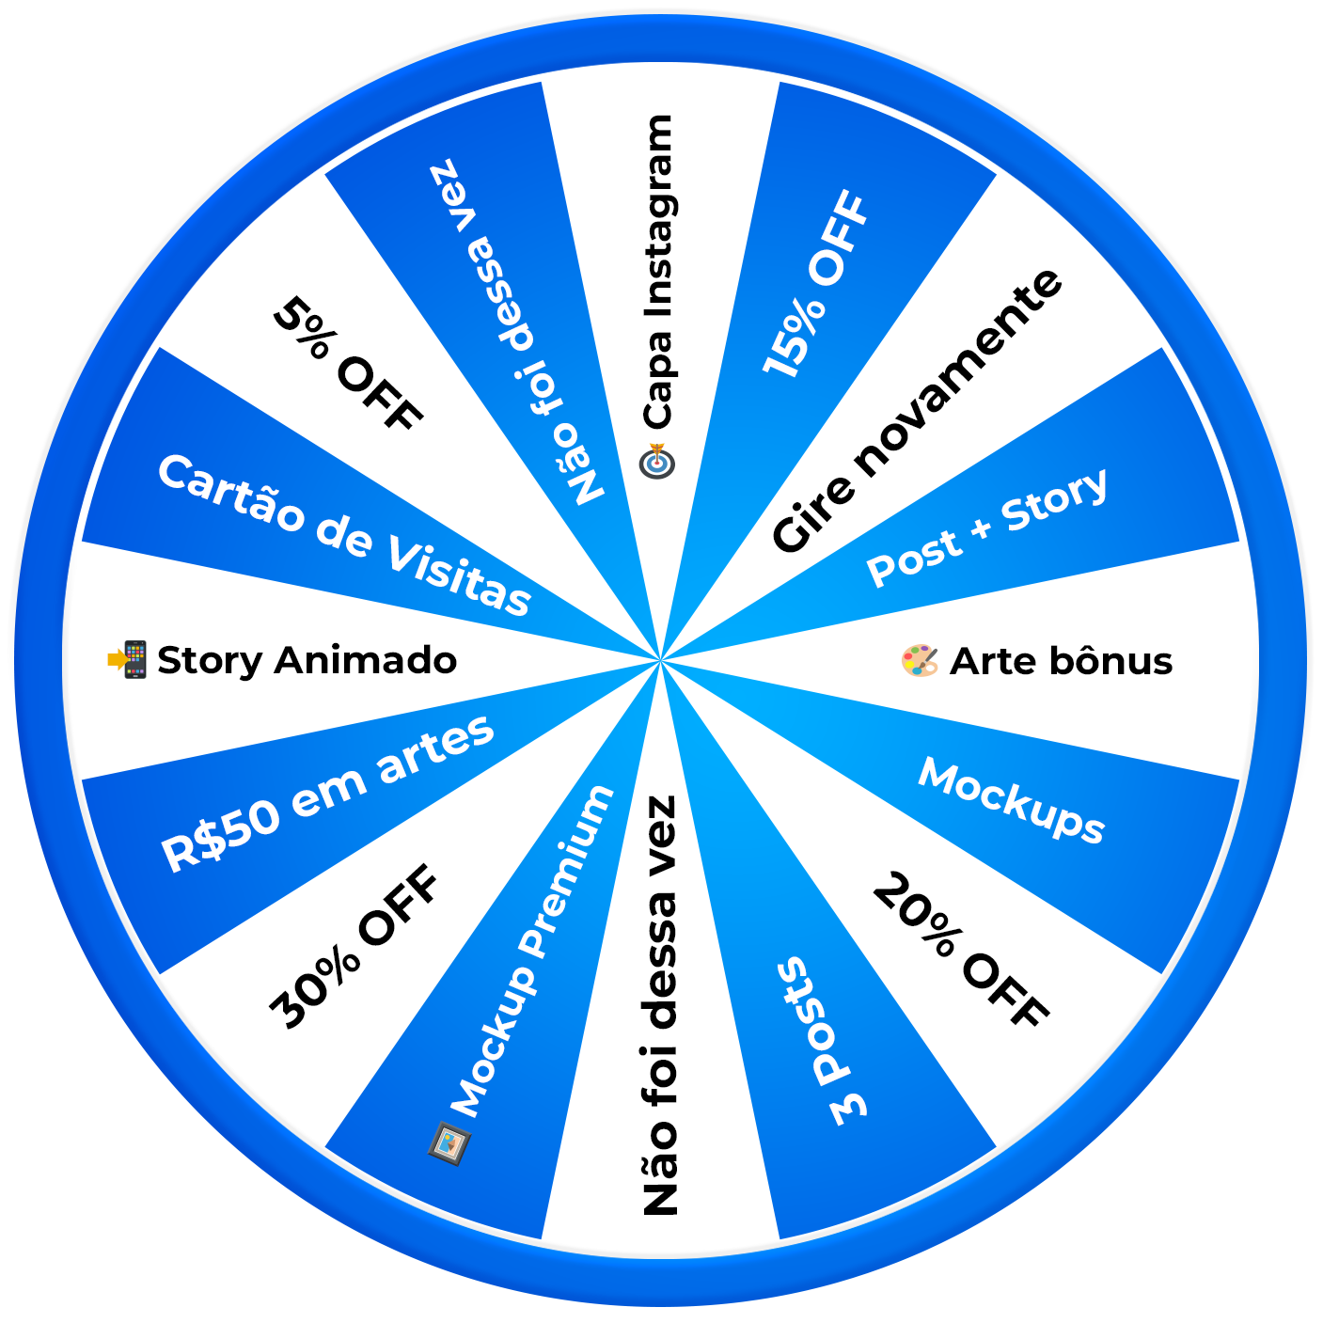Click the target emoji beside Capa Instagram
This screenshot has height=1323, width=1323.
657,461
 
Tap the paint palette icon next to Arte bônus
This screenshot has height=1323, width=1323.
920,660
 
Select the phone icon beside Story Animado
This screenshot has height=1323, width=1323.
128,659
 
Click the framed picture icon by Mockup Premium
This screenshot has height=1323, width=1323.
449,1142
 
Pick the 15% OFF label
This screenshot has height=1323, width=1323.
814,284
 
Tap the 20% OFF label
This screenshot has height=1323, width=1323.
960,949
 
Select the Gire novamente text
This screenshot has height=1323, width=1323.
916,412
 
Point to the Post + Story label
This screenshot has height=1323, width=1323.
986,528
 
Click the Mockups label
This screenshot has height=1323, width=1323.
1011,800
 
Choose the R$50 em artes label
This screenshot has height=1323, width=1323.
327,793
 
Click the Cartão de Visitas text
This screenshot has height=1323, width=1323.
344,534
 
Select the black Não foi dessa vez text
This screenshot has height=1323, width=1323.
660,1005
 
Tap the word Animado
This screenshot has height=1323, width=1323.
366,660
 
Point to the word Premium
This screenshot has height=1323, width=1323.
568,871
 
